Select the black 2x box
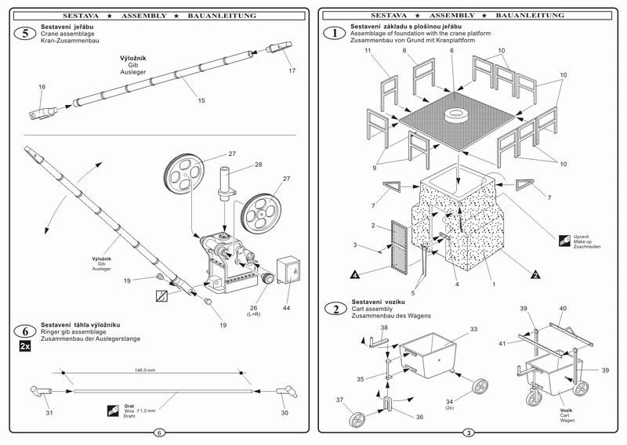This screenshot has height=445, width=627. (x=25, y=346)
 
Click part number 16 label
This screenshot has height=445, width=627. (x=42, y=87)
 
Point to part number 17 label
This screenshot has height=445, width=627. (x=292, y=71)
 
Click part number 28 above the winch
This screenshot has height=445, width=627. (x=257, y=166)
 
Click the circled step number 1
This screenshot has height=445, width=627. (x=335, y=33)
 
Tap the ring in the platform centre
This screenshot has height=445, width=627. (x=454, y=115)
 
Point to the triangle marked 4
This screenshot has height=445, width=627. (x=355, y=275)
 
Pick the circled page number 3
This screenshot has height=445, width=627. (x=469, y=432)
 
